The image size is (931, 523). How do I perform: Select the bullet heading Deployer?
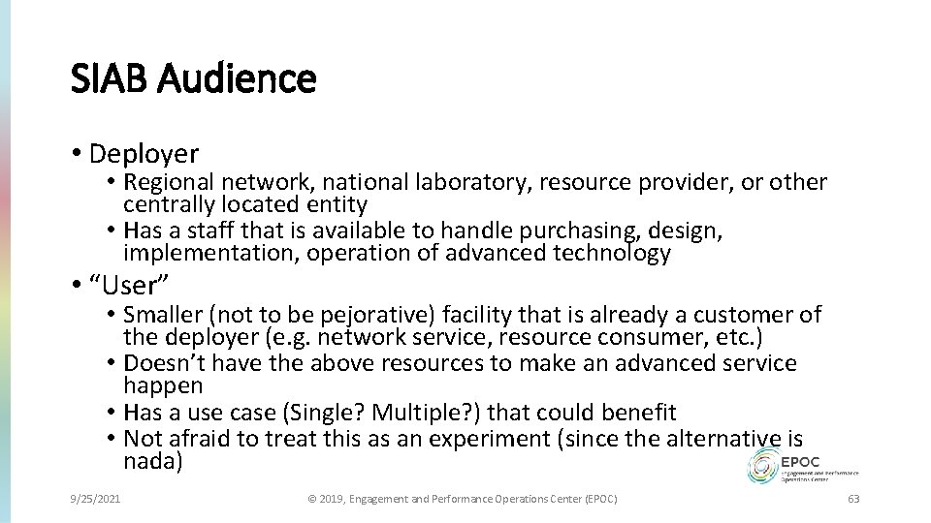(143, 153)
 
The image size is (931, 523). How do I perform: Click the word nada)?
(153, 461)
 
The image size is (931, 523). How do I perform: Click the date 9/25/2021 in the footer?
(95, 499)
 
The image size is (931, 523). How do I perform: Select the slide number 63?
(853, 499)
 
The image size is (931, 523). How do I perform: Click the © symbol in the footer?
(311, 499)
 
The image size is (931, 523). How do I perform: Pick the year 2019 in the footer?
(332, 499)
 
